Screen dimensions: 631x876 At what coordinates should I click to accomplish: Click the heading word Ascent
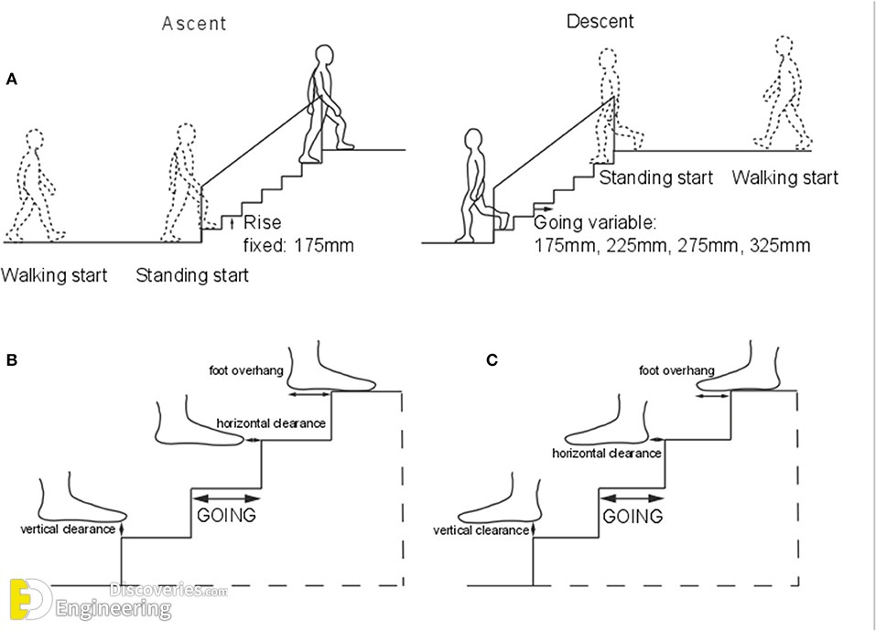tap(195, 24)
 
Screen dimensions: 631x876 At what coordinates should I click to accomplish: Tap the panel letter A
tap(12, 80)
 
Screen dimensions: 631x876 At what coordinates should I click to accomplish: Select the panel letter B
tap(12, 359)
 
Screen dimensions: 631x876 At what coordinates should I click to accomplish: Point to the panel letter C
tap(492, 359)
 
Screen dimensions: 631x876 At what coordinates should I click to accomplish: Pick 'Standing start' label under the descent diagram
tap(656, 177)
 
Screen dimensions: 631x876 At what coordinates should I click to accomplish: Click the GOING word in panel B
tap(226, 516)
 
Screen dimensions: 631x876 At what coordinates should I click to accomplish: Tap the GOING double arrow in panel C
tap(632, 497)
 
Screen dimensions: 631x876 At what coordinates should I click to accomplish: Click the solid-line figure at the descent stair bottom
tap(478, 186)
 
